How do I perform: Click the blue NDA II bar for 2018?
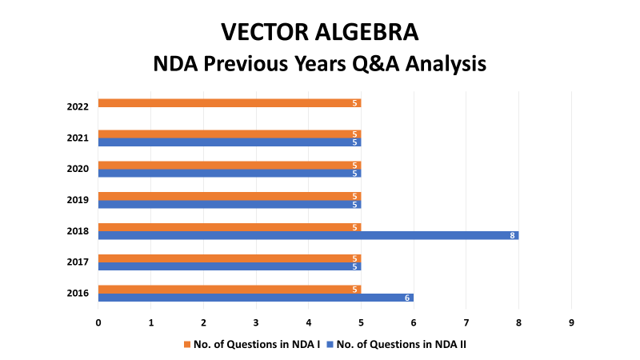coord(309,235)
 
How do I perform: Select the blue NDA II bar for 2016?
coord(256,298)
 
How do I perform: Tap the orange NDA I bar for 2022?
coord(230,103)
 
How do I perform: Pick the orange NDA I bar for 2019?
coord(230,196)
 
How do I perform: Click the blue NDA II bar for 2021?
coord(230,142)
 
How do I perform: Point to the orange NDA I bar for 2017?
coord(230,258)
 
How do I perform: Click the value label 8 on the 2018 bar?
coord(512,235)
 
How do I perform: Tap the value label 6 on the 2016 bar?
coord(407,298)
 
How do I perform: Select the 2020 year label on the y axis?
coord(78,169)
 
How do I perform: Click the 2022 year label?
coord(78,106)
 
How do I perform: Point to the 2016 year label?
coord(78,293)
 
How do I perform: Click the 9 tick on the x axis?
coord(571,323)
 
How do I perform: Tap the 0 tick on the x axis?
coord(98,323)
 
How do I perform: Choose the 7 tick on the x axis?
coord(466,323)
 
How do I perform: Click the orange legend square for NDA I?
coord(187,345)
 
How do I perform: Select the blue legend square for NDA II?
coord(330,345)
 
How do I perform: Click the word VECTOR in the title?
coord(265,32)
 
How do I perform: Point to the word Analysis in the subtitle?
coord(446,64)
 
